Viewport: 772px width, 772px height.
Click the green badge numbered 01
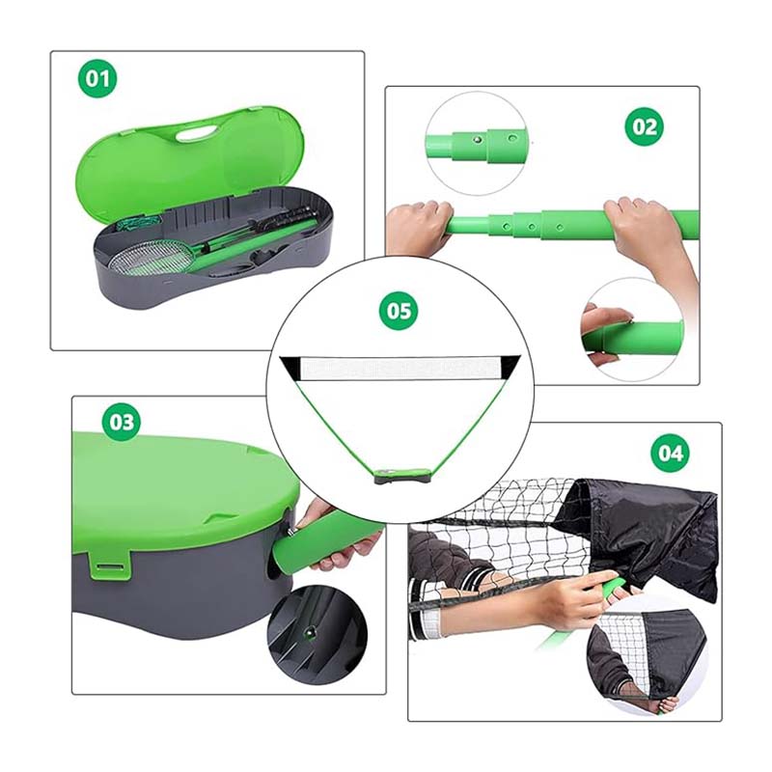click(x=97, y=78)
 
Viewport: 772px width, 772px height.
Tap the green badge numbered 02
click(x=644, y=127)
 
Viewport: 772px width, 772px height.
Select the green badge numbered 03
click(x=122, y=422)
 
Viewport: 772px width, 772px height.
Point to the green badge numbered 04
click(x=671, y=453)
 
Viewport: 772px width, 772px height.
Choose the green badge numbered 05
click(x=399, y=311)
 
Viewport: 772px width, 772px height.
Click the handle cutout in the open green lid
click(x=197, y=133)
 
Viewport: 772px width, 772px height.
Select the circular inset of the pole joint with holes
click(x=477, y=143)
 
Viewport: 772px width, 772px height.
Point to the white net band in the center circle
click(x=399, y=369)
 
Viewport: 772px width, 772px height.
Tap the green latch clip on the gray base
click(x=109, y=565)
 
